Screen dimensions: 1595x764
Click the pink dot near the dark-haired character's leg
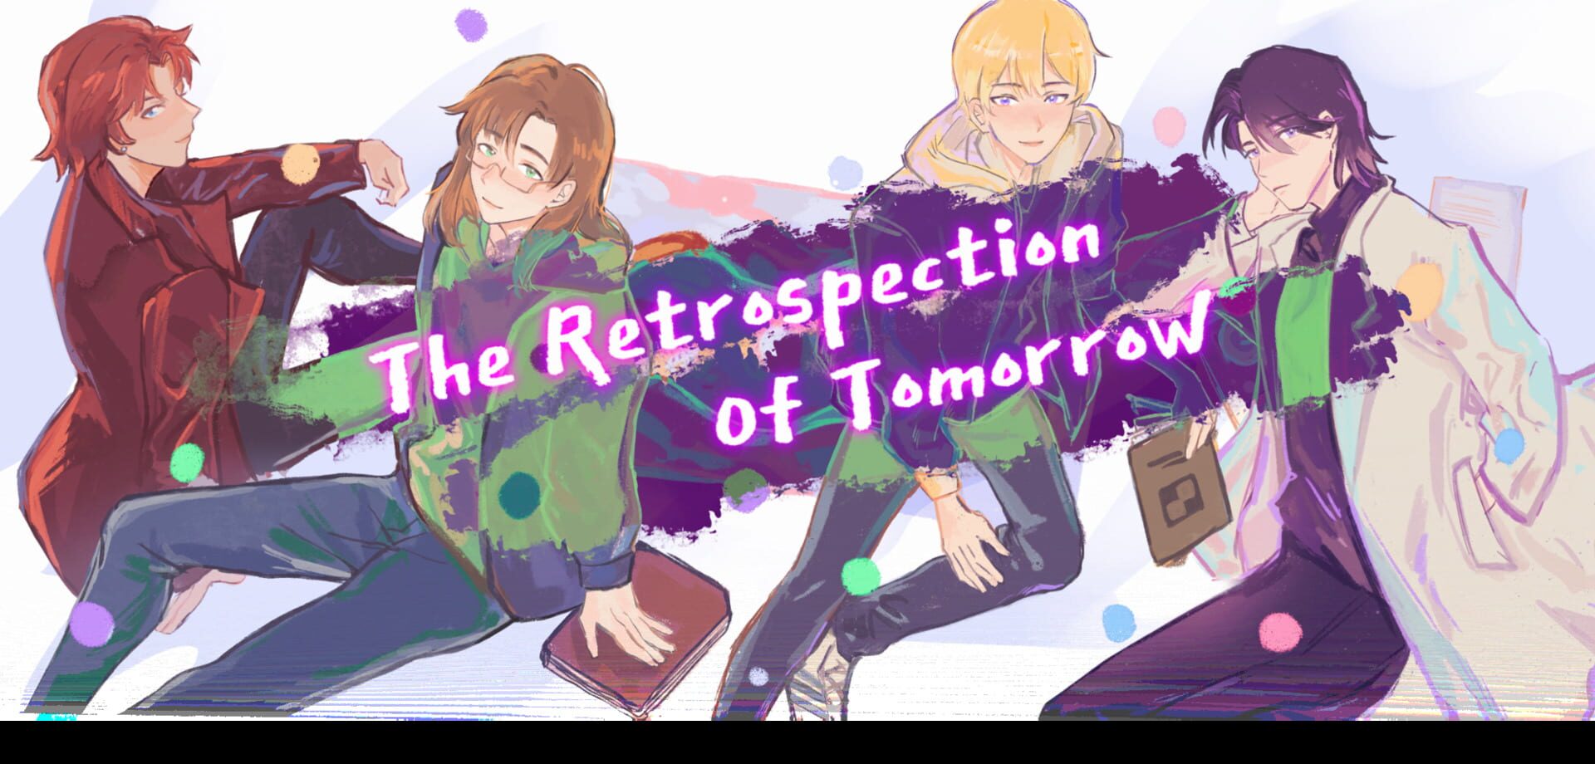click(x=1280, y=634)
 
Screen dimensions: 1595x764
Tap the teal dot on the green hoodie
click(x=520, y=493)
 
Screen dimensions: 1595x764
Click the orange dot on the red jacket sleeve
click(x=301, y=164)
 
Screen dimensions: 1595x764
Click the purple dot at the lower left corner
click(x=91, y=623)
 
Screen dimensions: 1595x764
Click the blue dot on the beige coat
click(x=1509, y=446)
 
